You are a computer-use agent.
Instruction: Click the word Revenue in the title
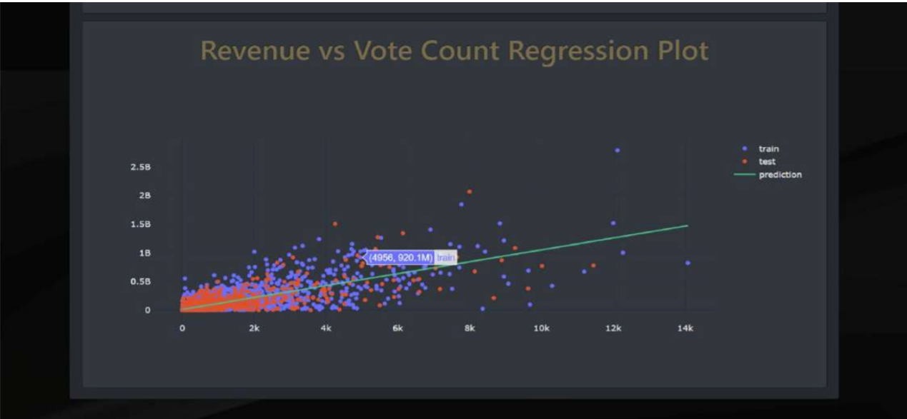pos(254,51)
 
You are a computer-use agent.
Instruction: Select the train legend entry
pos(768,148)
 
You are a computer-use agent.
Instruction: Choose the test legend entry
pos(766,161)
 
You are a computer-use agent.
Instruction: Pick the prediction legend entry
pos(779,174)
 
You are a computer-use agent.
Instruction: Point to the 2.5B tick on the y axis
pos(140,167)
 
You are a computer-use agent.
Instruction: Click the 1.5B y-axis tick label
pos(140,224)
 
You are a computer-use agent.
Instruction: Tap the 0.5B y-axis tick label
pos(140,281)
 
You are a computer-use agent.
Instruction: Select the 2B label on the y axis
pos(144,196)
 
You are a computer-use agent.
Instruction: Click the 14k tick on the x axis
pos(685,328)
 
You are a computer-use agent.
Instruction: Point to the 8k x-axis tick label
pos(470,328)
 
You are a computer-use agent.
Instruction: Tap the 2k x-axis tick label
pos(254,328)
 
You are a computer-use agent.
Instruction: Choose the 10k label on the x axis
pos(541,328)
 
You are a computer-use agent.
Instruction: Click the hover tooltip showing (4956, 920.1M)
pos(411,257)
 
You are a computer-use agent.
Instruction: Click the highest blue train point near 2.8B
pos(617,150)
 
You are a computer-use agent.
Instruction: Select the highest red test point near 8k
pos(470,191)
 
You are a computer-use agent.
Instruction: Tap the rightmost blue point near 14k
pos(688,263)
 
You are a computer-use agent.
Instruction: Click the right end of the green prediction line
pos(687,226)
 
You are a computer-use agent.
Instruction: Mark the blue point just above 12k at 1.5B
pos(613,223)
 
